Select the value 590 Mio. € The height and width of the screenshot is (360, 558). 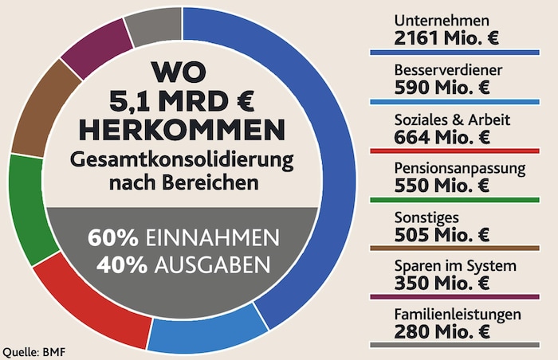[x=442, y=87]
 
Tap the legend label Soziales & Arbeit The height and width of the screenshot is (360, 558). [x=453, y=119]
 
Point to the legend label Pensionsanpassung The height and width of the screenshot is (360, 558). [x=459, y=168]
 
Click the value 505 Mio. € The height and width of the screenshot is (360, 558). [x=442, y=234]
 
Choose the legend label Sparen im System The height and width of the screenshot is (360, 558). [x=455, y=266]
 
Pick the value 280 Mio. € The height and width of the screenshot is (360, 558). [x=442, y=332]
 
